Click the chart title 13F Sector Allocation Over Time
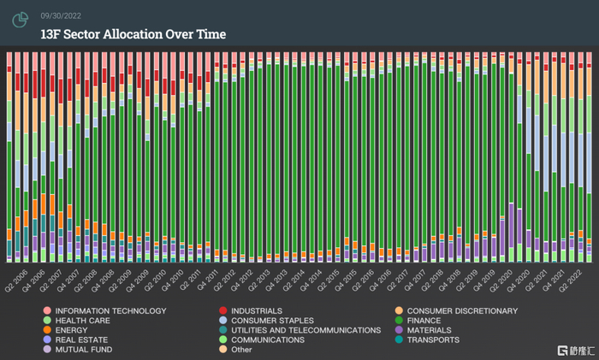(133, 34)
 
